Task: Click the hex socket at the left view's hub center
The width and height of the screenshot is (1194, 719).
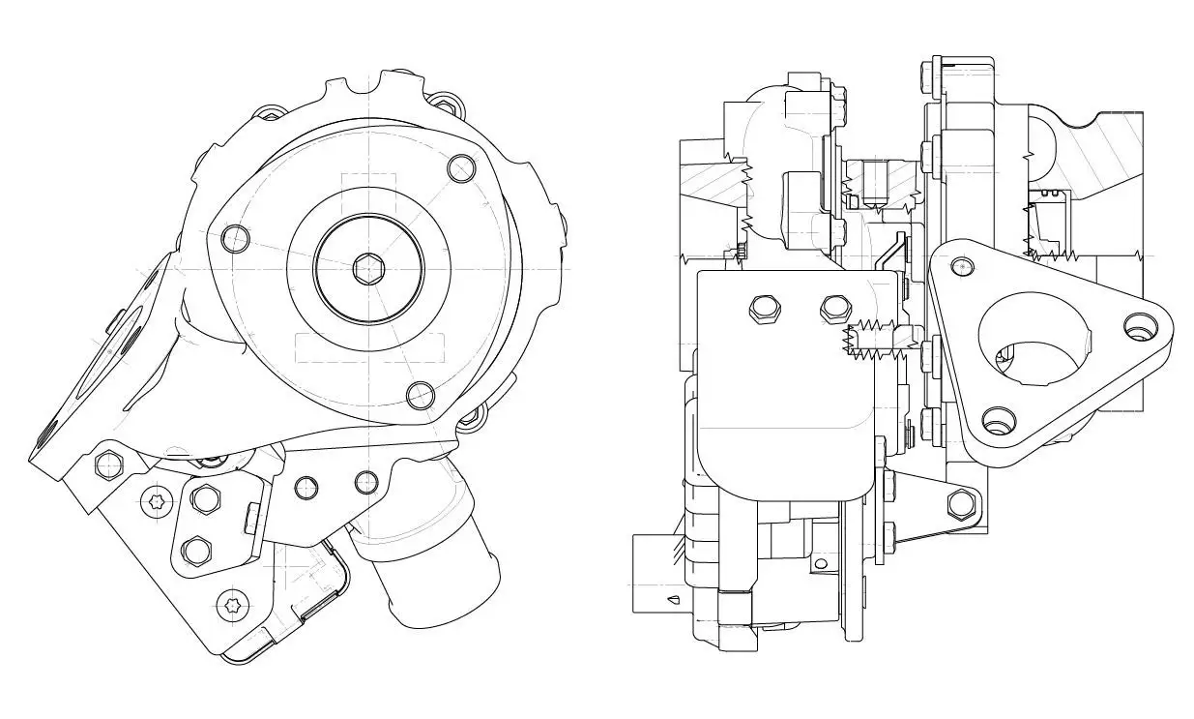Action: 368,268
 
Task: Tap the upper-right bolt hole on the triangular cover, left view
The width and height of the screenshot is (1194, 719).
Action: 463,170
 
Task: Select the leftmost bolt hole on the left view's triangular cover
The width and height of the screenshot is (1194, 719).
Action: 235,237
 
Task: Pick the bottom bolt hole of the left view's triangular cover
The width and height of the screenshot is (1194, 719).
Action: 420,395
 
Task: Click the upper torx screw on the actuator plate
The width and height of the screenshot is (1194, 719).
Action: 157,501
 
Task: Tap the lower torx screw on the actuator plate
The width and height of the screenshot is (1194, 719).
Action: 230,607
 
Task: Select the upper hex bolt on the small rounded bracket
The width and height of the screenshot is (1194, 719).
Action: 204,498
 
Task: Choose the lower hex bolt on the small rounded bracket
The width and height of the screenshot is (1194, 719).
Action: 196,551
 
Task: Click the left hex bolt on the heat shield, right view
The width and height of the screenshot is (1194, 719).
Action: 762,309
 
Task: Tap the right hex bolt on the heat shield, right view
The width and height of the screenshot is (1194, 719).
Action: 832,309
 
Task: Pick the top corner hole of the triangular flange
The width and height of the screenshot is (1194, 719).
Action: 960,266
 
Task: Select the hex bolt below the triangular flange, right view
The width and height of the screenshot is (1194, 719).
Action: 961,502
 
